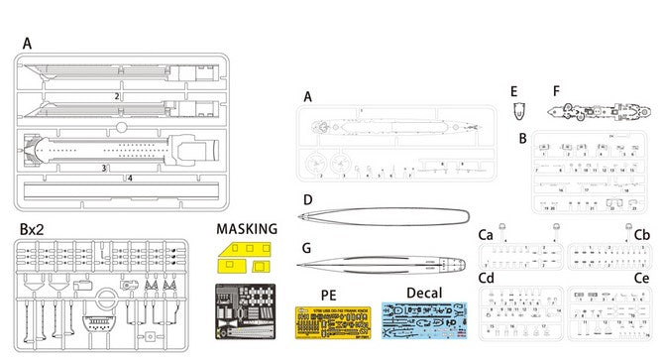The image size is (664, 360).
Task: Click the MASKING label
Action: point(246,229)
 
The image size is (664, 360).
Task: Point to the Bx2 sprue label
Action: point(32,229)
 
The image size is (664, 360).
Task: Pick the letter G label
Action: point(308,247)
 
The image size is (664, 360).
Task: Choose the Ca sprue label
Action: point(487,234)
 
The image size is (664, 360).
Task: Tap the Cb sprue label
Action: point(642,234)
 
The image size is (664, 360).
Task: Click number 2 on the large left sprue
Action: point(117,96)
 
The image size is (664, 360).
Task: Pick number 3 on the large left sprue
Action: point(103,169)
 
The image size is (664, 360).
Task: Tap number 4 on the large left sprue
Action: point(130,179)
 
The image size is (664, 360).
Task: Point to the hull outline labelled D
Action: point(387,217)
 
